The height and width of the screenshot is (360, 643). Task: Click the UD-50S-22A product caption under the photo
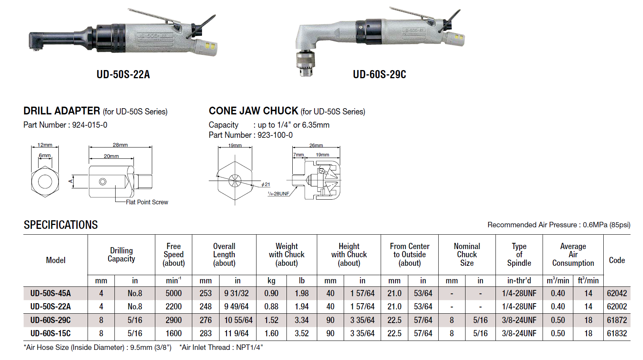pyautogui.click(x=123, y=74)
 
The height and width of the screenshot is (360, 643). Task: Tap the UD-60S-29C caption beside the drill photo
pyautogui.click(x=379, y=74)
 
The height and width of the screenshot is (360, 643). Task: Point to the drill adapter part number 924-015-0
pyautogui.click(x=90, y=125)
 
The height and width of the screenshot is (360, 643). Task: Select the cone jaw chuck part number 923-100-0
pyautogui.click(x=275, y=135)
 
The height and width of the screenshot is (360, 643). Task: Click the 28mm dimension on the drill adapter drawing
pyautogui.click(x=120, y=145)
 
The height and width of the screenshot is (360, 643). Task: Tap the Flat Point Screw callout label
pyautogui.click(x=147, y=202)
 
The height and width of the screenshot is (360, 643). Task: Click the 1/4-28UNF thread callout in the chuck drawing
pyautogui.click(x=279, y=193)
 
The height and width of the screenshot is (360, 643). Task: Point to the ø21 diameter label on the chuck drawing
pyautogui.click(x=266, y=184)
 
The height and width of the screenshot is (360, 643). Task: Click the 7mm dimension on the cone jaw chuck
pyautogui.click(x=298, y=155)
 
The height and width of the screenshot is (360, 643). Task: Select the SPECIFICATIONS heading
pyautogui.click(x=61, y=225)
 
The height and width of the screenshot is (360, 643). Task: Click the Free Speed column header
pyautogui.click(x=174, y=255)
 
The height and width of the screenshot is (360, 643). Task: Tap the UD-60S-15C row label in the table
pyautogui.click(x=51, y=334)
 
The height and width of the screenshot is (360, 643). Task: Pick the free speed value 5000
pyautogui.click(x=174, y=293)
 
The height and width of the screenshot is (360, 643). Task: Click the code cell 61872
pyautogui.click(x=617, y=320)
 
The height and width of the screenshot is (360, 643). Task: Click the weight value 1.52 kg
pyautogui.click(x=271, y=320)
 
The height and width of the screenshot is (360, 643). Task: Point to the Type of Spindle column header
pyautogui.click(x=519, y=255)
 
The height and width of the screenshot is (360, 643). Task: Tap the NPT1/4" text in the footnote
pyautogui.click(x=249, y=348)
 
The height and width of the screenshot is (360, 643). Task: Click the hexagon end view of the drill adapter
pyautogui.click(x=45, y=181)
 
